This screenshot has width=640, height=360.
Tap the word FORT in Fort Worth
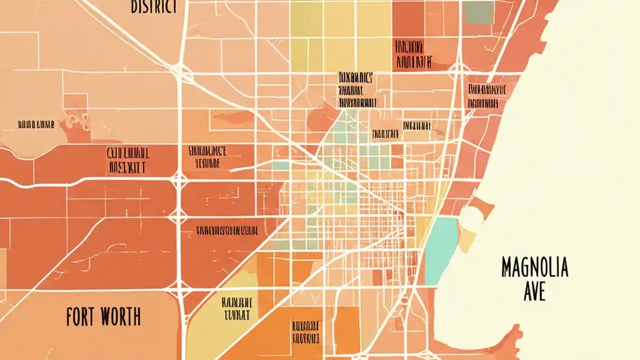pyautogui.click(x=82, y=317)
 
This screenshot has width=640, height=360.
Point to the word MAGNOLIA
pyautogui.click(x=534, y=268)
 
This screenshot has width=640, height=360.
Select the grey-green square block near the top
pyautogui.click(x=478, y=12)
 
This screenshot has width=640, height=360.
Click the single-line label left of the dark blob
pyautogui.click(x=35, y=124)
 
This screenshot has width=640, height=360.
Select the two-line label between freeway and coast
pyautogui.click(x=484, y=96)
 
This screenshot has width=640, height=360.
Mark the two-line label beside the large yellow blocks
pyautogui.click(x=408, y=54)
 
